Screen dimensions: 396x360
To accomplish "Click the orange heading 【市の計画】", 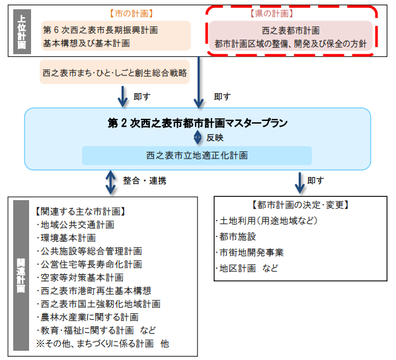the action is coord(132,14).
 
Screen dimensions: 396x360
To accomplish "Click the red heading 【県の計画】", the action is coord(272,13).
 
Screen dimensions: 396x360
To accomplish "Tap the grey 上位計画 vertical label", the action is coord(22,32).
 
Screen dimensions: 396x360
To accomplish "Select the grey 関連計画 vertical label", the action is coord(21,275).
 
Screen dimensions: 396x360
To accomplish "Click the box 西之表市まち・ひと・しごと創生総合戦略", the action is coord(114,72).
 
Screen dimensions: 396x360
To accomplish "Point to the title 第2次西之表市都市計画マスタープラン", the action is coord(198,123).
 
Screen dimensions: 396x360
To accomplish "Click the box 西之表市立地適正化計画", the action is coord(197,155).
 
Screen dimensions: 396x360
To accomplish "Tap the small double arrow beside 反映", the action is coord(198,138).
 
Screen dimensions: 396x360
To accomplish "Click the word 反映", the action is coord(215,138).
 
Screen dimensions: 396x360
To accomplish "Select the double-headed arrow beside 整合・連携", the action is coord(110,182).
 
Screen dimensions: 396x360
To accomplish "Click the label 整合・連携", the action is coord(145,180).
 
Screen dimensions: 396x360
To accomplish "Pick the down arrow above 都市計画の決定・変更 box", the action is coord(299,183).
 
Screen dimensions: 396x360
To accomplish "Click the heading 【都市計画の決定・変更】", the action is coord(300,205).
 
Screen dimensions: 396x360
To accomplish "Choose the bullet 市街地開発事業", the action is coord(250,252).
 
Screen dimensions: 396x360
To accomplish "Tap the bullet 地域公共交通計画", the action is coord(76,225).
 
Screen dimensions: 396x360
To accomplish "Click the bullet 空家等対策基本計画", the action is coord(81,277).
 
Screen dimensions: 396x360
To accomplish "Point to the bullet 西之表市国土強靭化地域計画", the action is coord(99,304).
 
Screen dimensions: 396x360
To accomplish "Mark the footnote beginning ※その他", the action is coord(102,343).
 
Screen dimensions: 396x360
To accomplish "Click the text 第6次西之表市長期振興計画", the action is coord(100,30).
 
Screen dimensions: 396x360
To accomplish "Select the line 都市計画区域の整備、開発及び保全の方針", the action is coord(290,44).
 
